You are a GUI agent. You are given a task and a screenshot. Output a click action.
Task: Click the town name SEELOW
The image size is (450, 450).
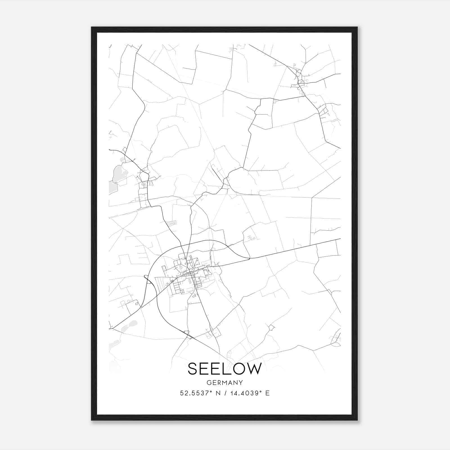tap(225, 369)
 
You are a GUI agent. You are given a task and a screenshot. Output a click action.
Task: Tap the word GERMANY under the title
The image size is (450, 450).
tap(225, 382)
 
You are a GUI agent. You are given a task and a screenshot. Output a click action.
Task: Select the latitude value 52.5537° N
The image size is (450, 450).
tap(200, 393)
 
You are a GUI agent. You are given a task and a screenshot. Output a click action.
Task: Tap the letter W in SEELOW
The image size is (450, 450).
tap(254, 369)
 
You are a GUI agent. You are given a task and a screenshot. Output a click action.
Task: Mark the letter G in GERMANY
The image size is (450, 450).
tap(208, 382)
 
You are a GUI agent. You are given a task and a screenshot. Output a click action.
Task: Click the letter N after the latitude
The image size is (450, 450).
tap(218, 393)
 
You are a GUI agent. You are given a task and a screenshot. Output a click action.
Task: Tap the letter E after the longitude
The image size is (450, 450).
tap(267, 393)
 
